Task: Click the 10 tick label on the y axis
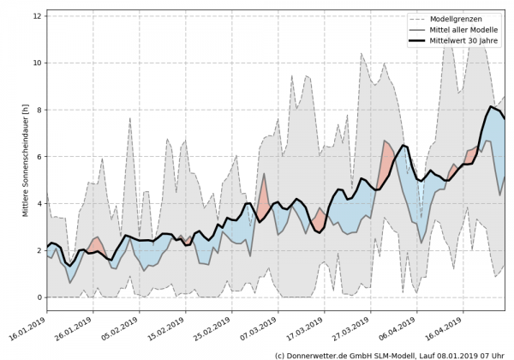pos(37,63)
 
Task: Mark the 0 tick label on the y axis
pos(39,297)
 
